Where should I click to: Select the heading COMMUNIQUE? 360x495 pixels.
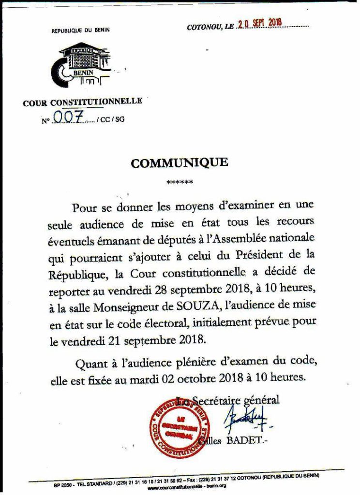pos(179,163)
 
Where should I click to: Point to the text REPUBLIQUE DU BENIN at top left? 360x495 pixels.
pos(81,30)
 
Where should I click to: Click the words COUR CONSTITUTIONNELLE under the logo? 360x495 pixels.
pos(83,102)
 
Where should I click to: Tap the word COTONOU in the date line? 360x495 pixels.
pos(204,28)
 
